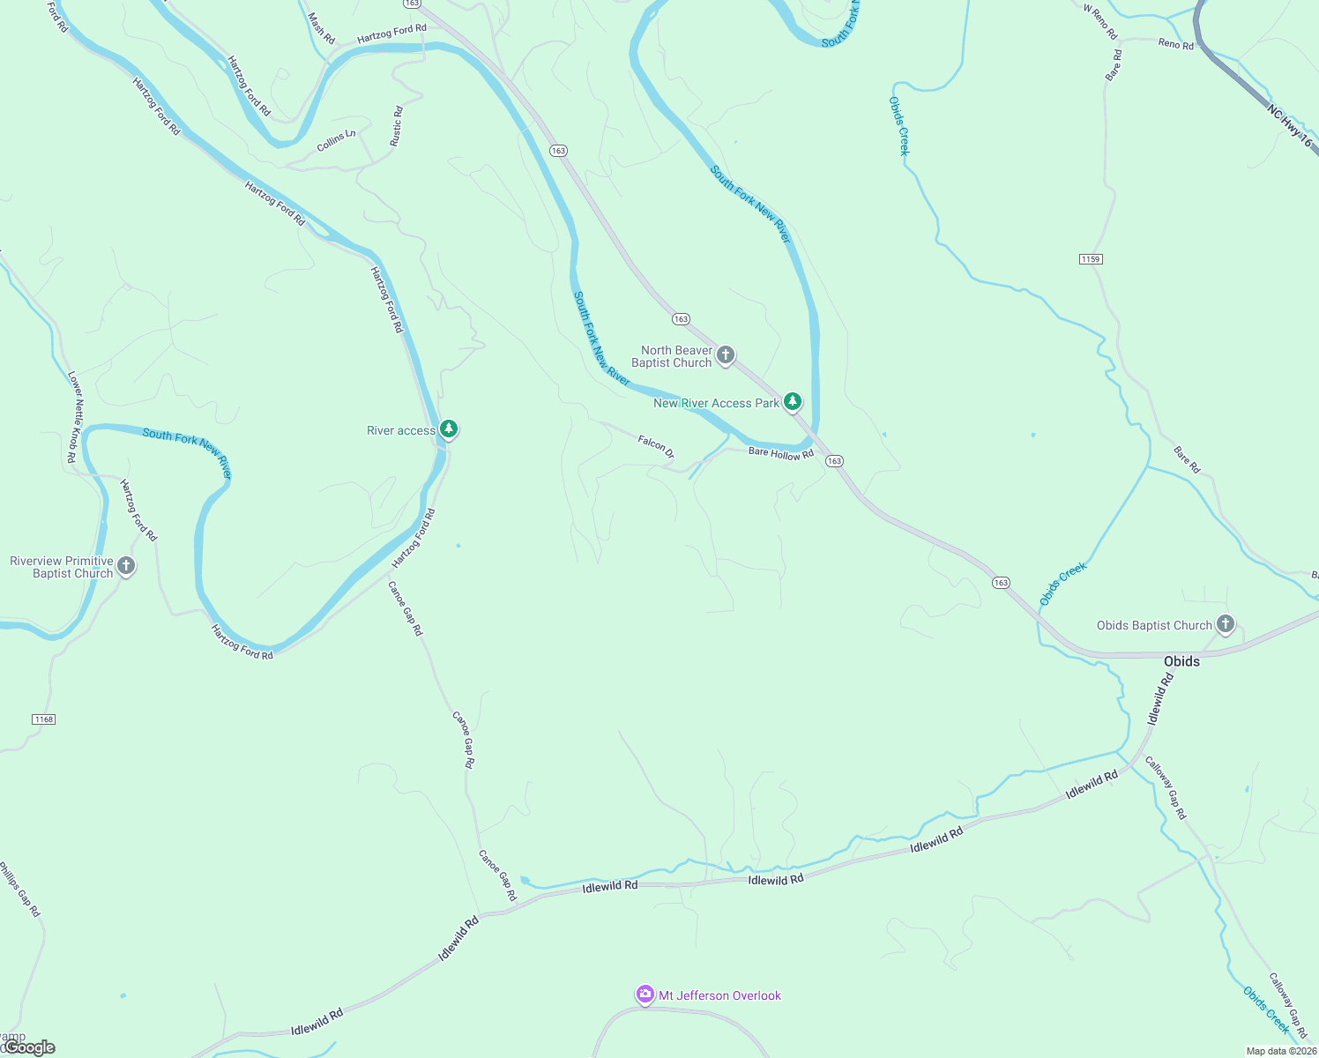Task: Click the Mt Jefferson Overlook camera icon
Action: (645, 995)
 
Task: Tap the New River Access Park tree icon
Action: (793, 402)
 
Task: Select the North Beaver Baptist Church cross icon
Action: (725, 355)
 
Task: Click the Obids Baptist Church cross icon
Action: (1225, 624)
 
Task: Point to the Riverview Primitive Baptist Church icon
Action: (126, 566)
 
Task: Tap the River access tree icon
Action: (449, 429)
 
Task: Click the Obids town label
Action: (1181, 661)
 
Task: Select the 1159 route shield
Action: (1091, 259)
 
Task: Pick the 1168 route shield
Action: (43, 719)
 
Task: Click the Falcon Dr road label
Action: (656, 446)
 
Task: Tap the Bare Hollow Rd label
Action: (780, 453)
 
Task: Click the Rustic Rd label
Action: (397, 126)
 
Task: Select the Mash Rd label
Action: (322, 28)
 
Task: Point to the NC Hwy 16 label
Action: (1289, 126)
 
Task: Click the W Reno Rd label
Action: (1100, 22)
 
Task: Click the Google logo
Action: (29, 1047)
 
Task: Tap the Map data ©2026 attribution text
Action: (1281, 1051)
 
